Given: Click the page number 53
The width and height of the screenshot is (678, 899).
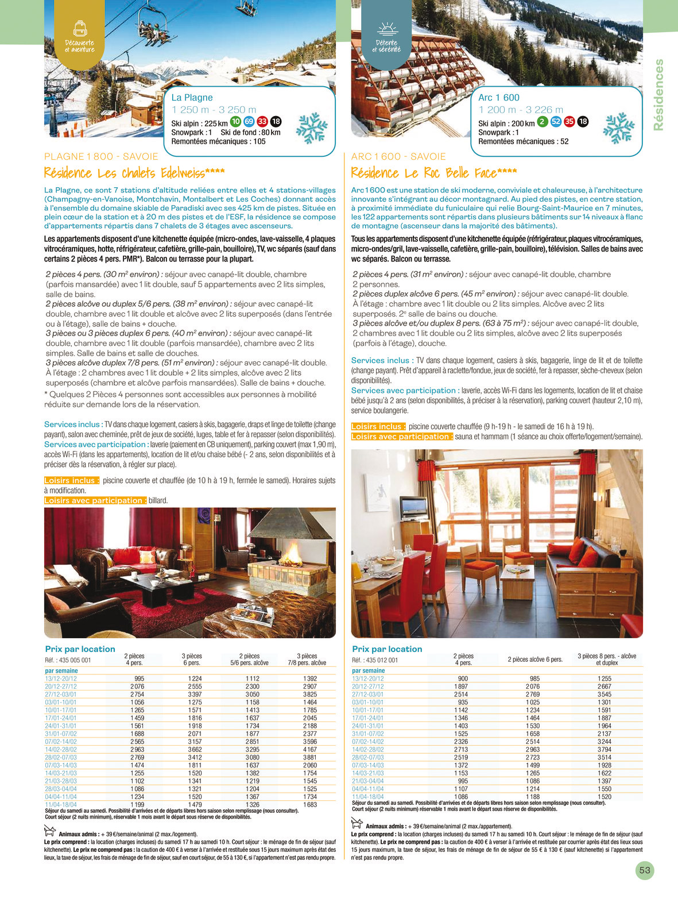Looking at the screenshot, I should [645, 870].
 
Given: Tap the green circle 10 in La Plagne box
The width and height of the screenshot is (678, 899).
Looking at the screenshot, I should [235, 121].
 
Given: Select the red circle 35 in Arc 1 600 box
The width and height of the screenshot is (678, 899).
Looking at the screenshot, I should [569, 121].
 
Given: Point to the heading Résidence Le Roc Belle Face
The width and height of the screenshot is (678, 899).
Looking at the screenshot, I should [434, 173].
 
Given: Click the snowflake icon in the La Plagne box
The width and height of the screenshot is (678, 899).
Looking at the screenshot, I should [312, 128].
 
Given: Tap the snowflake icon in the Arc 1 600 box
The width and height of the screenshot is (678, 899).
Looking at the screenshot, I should [619, 128].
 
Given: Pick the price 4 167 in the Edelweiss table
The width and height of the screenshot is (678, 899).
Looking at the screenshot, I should [310, 749].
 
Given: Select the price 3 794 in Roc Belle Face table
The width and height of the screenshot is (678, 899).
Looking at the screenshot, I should [604, 749].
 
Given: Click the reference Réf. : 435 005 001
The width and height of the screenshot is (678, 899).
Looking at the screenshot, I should [68, 660].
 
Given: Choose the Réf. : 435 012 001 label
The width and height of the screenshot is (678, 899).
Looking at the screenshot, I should [375, 660].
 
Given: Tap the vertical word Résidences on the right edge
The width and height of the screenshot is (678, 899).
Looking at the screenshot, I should [658, 95].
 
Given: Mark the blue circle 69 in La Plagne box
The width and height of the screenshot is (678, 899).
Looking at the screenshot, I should [249, 121].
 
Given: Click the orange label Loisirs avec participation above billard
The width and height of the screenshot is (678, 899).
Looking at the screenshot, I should [95, 500].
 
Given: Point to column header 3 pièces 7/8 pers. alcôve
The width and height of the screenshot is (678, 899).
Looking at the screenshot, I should [307, 659].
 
